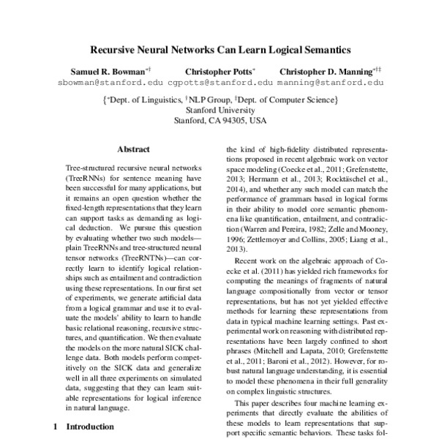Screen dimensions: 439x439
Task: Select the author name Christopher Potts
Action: [x=217, y=72]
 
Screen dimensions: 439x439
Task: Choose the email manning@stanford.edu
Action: [x=331, y=83]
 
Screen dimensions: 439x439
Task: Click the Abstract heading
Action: [x=134, y=149]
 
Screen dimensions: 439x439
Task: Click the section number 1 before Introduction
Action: [x=55, y=425]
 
